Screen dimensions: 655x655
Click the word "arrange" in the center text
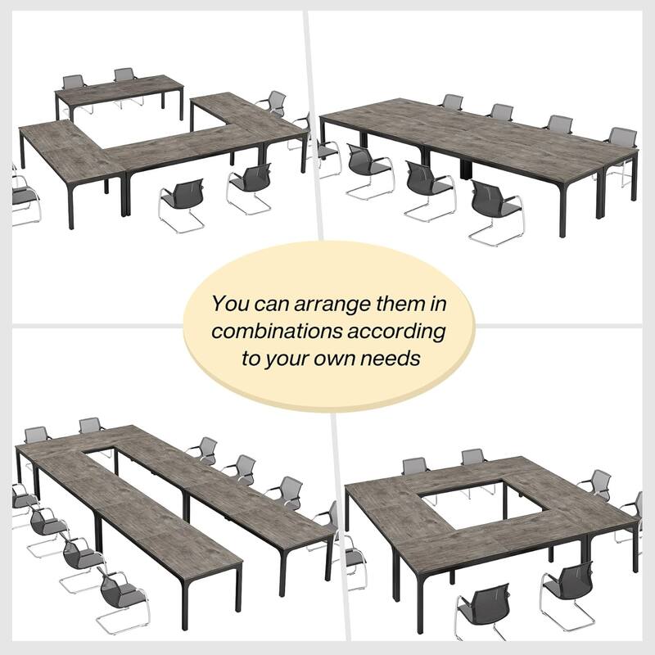(x=325, y=305)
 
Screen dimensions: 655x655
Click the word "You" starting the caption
(x=229, y=305)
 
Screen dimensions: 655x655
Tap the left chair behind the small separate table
(x=75, y=84)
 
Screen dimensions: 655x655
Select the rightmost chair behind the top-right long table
(x=622, y=137)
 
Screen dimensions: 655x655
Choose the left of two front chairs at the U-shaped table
(x=182, y=203)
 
